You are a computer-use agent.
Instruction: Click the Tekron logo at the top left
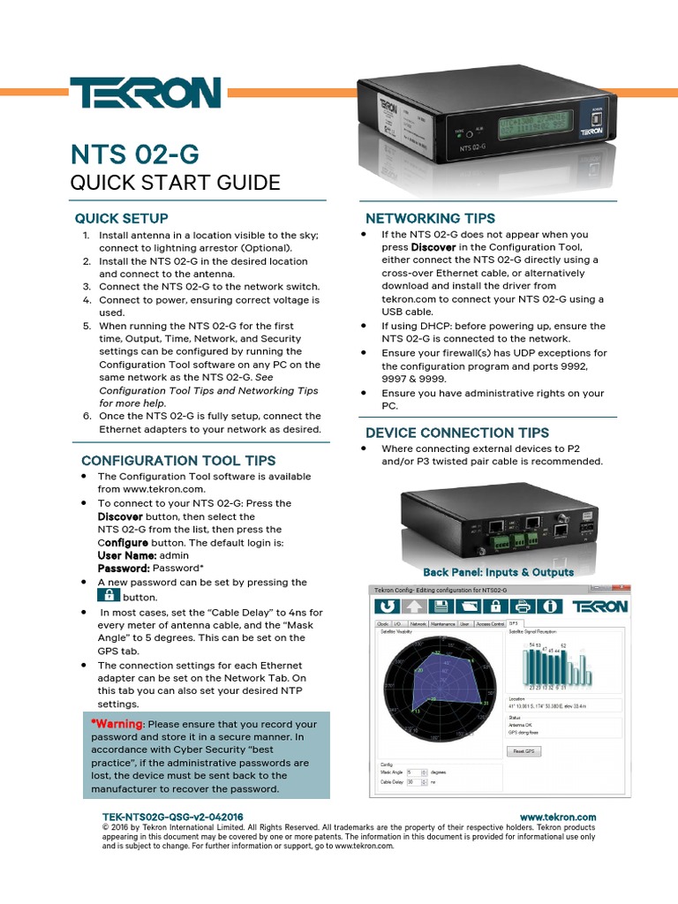click(145, 93)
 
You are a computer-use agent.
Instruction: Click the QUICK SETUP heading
click(121, 218)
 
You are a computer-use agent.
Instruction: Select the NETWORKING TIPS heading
click(430, 218)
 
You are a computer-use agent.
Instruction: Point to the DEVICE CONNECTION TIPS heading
click(457, 433)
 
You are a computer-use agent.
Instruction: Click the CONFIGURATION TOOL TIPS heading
click(178, 460)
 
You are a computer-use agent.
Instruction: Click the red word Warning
click(117, 724)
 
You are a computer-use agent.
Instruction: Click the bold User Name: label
click(127, 555)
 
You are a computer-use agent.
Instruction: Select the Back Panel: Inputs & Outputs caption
click(498, 572)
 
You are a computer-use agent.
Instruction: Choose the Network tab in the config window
click(418, 623)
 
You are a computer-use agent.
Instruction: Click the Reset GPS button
click(524, 751)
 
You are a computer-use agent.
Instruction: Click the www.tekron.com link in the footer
click(558, 817)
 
